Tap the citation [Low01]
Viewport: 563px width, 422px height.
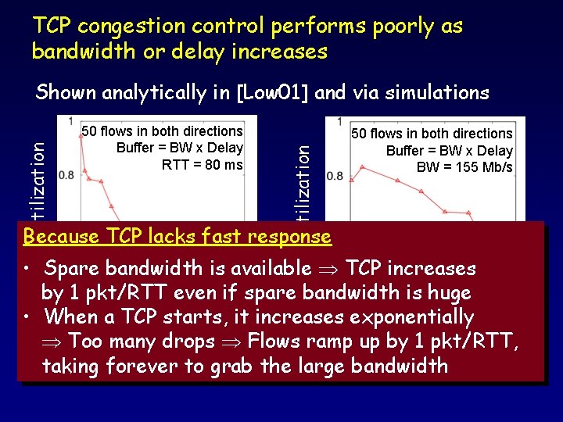pos(272,93)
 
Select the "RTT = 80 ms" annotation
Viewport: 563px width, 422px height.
pos(202,164)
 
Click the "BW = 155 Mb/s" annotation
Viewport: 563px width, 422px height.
pos(465,167)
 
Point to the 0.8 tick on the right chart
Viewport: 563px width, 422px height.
pos(335,175)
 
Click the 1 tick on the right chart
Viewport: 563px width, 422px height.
pos(339,123)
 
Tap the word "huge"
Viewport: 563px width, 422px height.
pos(443,293)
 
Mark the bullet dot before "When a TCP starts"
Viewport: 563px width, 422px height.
pos(27,318)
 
